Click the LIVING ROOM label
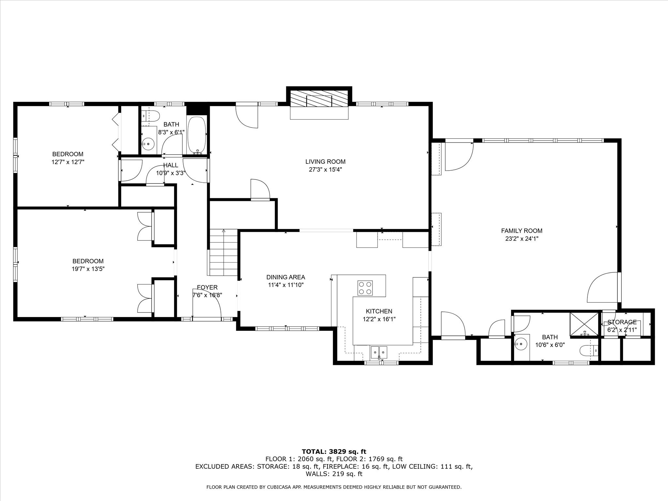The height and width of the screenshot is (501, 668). point(325,161)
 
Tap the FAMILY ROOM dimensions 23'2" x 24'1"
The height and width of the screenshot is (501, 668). point(522,239)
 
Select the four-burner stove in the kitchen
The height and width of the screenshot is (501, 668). point(365,288)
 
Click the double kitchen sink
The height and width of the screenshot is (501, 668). point(379,352)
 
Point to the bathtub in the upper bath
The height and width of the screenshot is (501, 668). point(197,135)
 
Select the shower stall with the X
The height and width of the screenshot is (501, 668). point(584,324)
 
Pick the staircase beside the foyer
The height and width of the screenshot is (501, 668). point(223,253)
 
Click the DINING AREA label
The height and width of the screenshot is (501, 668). point(286,277)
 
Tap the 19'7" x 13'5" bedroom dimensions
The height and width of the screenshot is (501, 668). point(88,269)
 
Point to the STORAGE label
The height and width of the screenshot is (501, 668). point(622,322)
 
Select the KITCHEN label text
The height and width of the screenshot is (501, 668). point(379,311)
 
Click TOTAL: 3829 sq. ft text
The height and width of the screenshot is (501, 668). point(334,452)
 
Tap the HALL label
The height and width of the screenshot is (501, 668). point(171,165)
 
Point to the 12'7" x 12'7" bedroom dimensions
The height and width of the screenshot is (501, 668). point(68,162)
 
